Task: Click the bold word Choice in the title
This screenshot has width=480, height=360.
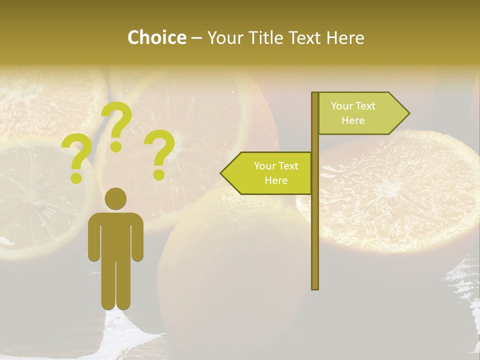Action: [156, 37]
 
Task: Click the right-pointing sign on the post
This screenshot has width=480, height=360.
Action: [360, 113]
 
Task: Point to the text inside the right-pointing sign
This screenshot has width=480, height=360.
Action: [353, 113]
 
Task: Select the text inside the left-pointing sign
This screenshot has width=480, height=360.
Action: [276, 173]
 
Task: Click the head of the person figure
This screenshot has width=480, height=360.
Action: [115, 198]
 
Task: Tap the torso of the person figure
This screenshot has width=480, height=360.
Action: [115, 235]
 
